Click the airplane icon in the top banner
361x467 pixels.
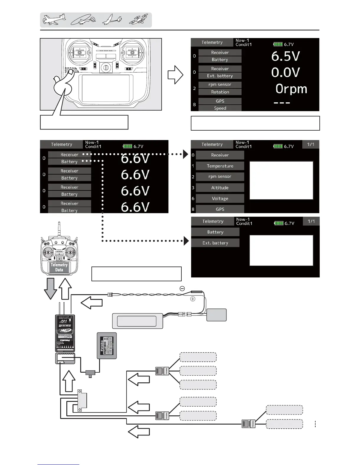[x=54, y=20]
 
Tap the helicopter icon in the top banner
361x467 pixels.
[x=83, y=20]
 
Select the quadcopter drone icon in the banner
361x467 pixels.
[x=139, y=20]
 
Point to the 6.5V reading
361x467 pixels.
[x=285, y=56]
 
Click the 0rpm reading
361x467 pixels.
[x=291, y=89]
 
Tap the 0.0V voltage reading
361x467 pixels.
[x=285, y=73]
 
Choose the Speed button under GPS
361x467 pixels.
[x=220, y=108]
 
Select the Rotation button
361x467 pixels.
[x=220, y=92]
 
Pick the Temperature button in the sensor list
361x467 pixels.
[x=220, y=166]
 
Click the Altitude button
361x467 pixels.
[x=220, y=188]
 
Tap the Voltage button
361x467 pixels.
[x=220, y=199]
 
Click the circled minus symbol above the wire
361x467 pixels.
[x=182, y=289]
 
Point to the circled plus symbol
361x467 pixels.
[x=193, y=299]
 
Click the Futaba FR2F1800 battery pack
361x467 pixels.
[x=107, y=346]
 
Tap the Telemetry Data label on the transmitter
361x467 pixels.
[x=59, y=267]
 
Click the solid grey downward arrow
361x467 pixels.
[x=50, y=288]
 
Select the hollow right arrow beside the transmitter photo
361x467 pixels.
[x=175, y=75]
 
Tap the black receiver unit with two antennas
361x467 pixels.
[x=65, y=333]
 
